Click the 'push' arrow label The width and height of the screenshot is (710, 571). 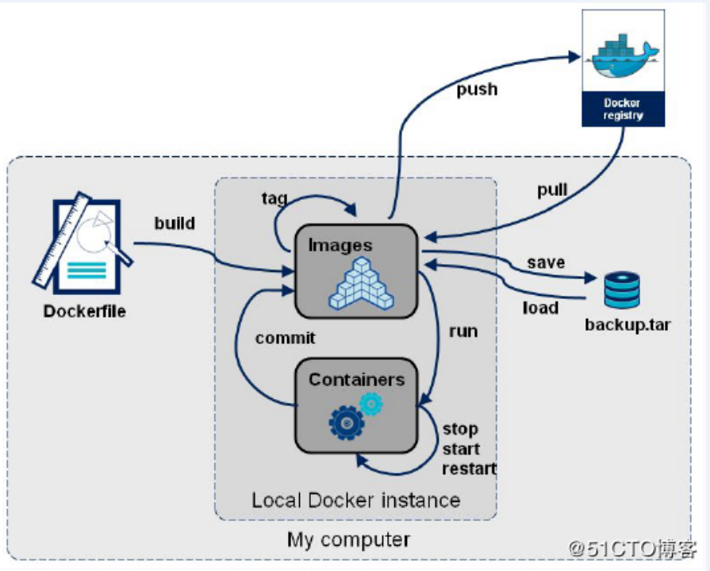pos(477,89)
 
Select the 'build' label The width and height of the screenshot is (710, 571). pos(175,223)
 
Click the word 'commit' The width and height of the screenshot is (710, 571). pos(285,338)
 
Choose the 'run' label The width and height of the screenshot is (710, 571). pos(463,331)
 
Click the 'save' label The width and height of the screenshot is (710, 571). pos(546,262)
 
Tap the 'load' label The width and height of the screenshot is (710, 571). pos(540,307)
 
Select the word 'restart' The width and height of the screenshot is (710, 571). pos(469,468)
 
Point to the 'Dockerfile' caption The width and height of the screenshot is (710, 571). pos(84,311)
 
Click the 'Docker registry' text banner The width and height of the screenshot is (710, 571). pos(623,109)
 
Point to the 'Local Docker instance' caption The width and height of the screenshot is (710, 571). pos(355,500)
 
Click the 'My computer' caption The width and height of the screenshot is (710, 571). pos(348,540)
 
